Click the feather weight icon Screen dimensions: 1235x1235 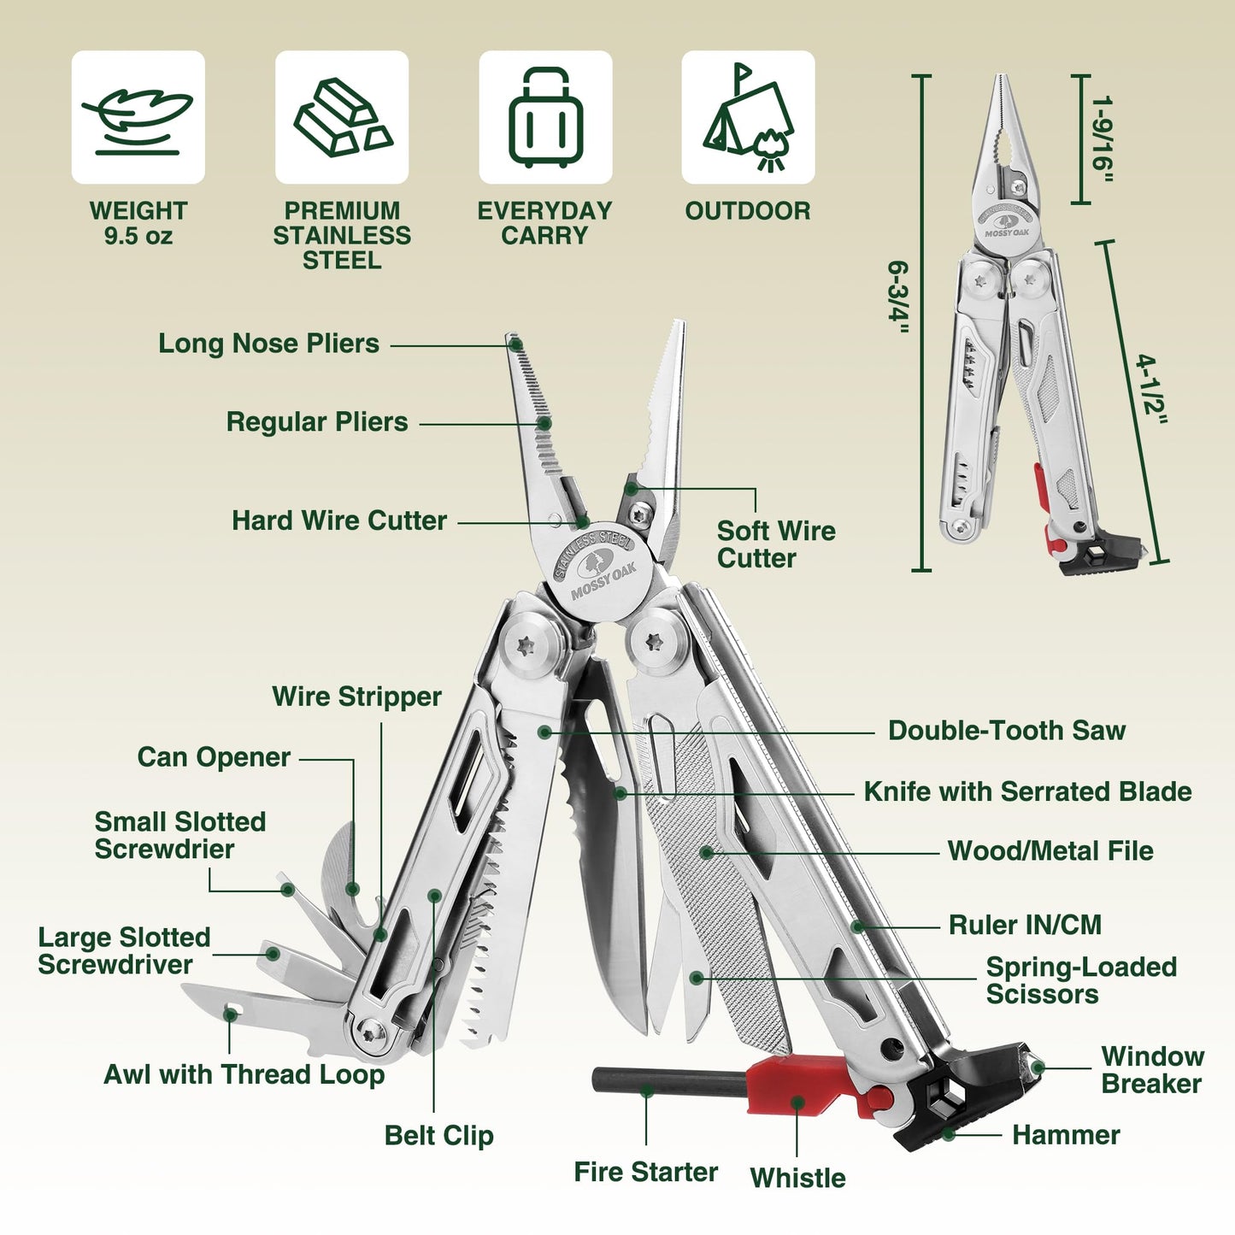pyautogui.click(x=138, y=117)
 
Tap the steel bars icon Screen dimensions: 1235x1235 pyautogui.click(x=342, y=117)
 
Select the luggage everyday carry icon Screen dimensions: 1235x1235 pyautogui.click(x=545, y=117)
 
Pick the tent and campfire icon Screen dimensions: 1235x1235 pyautogui.click(x=748, y=117)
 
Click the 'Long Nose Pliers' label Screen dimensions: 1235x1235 pyautogui.click(x=268, y=344)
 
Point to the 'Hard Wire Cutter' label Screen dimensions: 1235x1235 pyautogui.click(x=339, y=520)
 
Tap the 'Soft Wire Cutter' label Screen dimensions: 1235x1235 pyautogui.click(x=775, y=544)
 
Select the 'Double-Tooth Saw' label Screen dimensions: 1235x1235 pyautogui.click(x=1006, y=731)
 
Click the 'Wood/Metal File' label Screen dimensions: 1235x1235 pyautogui.click(x=1050, y=851)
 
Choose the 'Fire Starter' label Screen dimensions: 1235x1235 pyautogui.click(x=645, y=1172)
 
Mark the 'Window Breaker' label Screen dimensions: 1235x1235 pyautogui.click(x=1152, y=1070)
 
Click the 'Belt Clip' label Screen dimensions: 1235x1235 pyautogui.click(x=438, y=1136)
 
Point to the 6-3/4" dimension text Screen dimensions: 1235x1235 pyautogui.click(x=897, y=297)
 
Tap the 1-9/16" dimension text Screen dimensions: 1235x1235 pyautogui.click(x=1103, y=139)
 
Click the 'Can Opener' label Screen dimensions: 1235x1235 pyautogui.click(x=214, y=757)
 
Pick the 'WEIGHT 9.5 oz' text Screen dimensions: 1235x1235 pyautogui.click(x=138, y=223)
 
